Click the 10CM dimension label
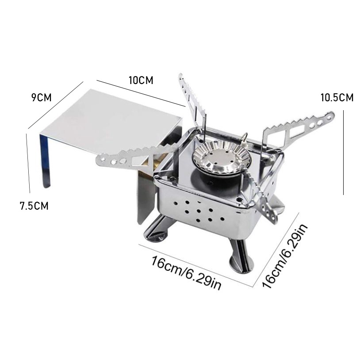[x=141, y=80]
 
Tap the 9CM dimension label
[x=41, y=98]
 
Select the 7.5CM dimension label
[x=34, y=206]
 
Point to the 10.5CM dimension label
[x=337, y=98]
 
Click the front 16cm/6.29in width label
[x=186, y=273]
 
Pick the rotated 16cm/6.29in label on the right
[x=285, y=256]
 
